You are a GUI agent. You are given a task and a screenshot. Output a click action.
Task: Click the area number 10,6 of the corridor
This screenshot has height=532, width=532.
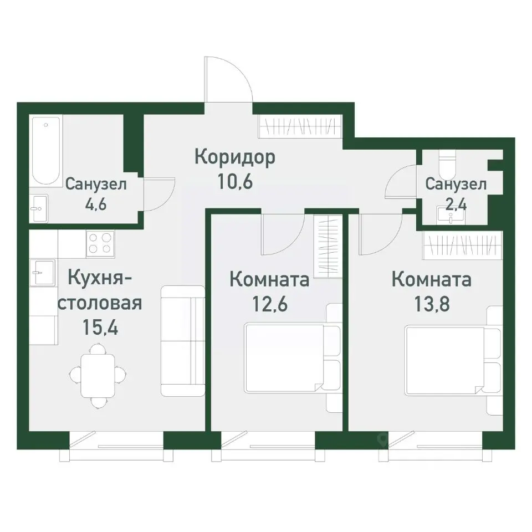coord(234,182)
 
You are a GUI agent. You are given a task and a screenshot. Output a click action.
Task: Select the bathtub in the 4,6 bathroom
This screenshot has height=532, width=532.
coord(45,150)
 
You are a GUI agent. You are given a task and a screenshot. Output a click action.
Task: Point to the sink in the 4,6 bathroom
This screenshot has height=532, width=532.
coord(39,208)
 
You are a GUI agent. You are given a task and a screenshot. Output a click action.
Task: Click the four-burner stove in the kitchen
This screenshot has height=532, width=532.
coord(100,243)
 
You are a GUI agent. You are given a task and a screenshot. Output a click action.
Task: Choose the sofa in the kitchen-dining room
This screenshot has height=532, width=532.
coord(183,341)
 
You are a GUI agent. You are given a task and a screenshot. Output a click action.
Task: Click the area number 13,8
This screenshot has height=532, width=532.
coord(431,304)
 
